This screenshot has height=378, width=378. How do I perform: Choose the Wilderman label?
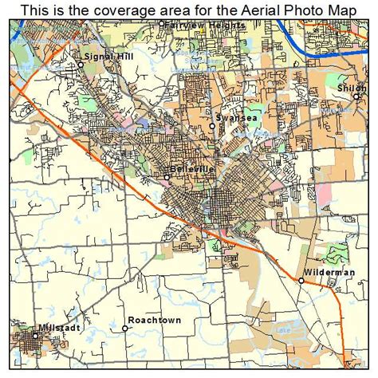[326, 273]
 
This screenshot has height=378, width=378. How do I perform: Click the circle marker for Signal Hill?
[80, 63]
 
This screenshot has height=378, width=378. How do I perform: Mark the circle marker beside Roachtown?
[125, 328]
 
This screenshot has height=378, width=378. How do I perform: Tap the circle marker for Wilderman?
[301, 281]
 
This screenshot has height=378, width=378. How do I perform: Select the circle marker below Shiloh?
[356, 96]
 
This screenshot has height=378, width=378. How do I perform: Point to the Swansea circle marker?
[212, 126]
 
